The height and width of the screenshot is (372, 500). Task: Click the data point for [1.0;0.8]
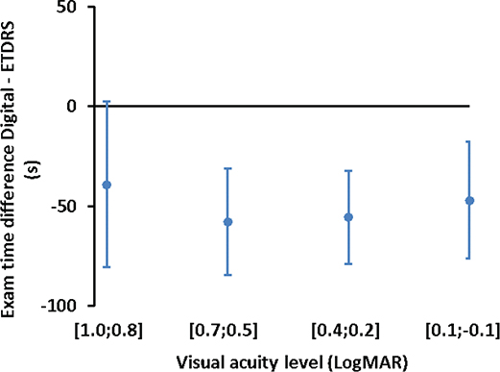[107, 184]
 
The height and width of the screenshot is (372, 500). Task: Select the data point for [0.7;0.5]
[227, 222]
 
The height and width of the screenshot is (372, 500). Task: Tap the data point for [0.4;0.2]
[348, 217]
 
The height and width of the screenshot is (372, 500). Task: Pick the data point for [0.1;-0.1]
[469, 201]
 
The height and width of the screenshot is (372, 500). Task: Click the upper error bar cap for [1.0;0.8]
[107, 102]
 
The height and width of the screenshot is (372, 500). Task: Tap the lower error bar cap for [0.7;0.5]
[227, 275]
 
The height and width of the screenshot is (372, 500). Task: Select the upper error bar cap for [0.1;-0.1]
[469, 142]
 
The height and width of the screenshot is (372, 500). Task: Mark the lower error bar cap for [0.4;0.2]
[348, 263]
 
